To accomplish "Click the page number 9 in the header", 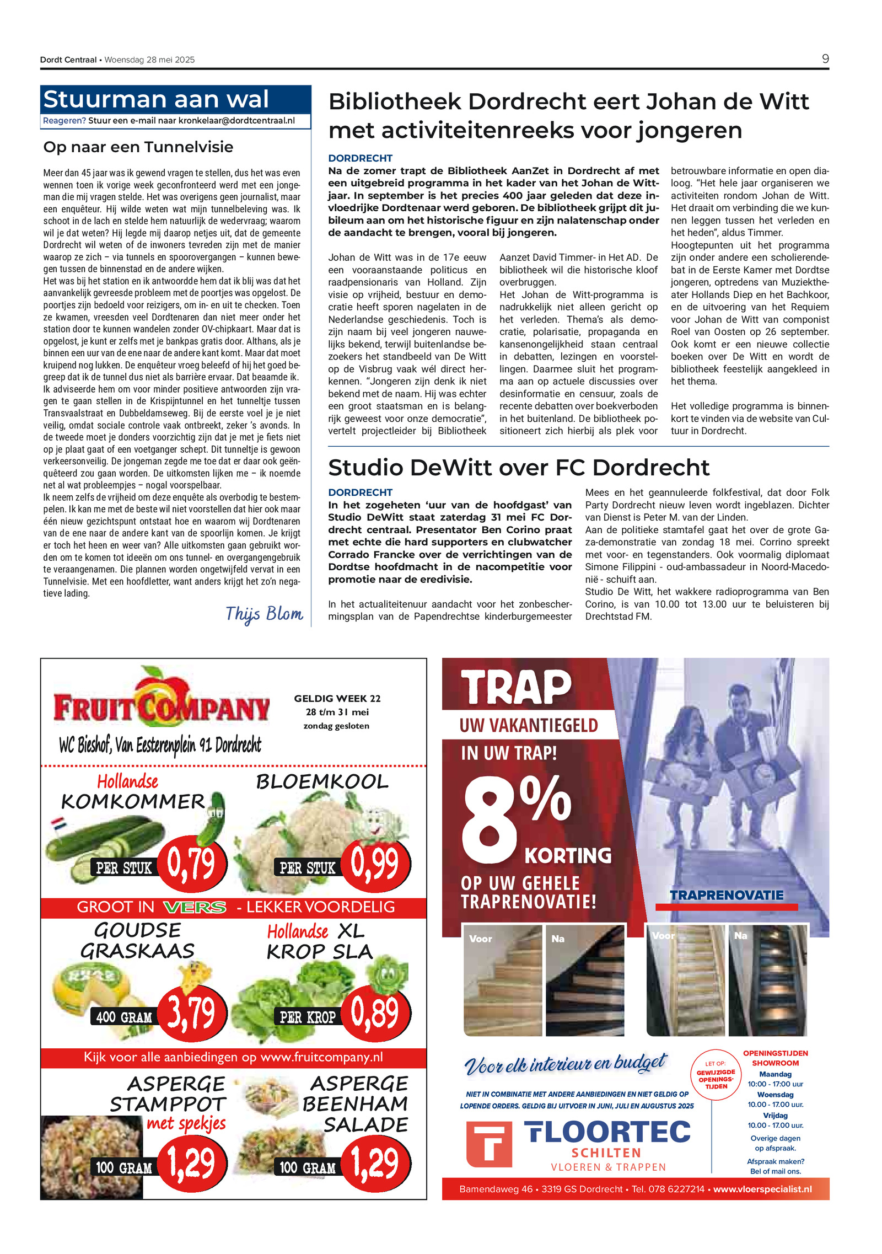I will pyautogui.click(x=825, y=59).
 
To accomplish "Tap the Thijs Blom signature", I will pyautogui.click(x=264, y=614).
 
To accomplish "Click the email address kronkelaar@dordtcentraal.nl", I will pyautogui.click(x=236, y=121).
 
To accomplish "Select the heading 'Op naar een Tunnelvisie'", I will pyautogui.click(x=138, y=147).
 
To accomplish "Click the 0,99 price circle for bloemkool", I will pyautogui.click(x=375, y=864).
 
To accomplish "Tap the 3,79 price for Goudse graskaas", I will pyautogui.click(x=191, y=1012).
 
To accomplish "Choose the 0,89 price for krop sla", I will pyautogui.click(x=375, y=1012).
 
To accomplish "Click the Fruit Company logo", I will pyautogui.click(x=162, y=704).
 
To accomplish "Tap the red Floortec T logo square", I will pyautogui.click(x=488, y=1144).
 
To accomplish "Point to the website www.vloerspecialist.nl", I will pyautogui.click(x=762, y=1189).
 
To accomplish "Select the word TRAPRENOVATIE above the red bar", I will pyautogui.click(x=726, y=895).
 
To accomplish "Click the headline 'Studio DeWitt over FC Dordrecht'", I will pyautogui.click(x=518, y=468).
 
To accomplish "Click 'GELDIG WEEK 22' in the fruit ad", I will pyautogui.click(x=337, y=699).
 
